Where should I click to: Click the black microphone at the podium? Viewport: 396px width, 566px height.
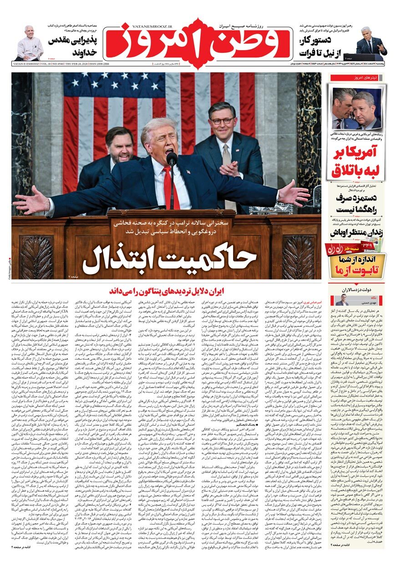pyautogui.click(x=172, y=159)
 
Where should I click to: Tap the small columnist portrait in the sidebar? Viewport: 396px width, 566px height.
pyautogui.click(x=342, y=301)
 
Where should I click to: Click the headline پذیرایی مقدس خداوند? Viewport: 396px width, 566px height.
pyautogui.click(x=72, y=47)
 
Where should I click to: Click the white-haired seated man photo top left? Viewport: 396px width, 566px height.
pyautogui.click(x=29, y=43)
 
